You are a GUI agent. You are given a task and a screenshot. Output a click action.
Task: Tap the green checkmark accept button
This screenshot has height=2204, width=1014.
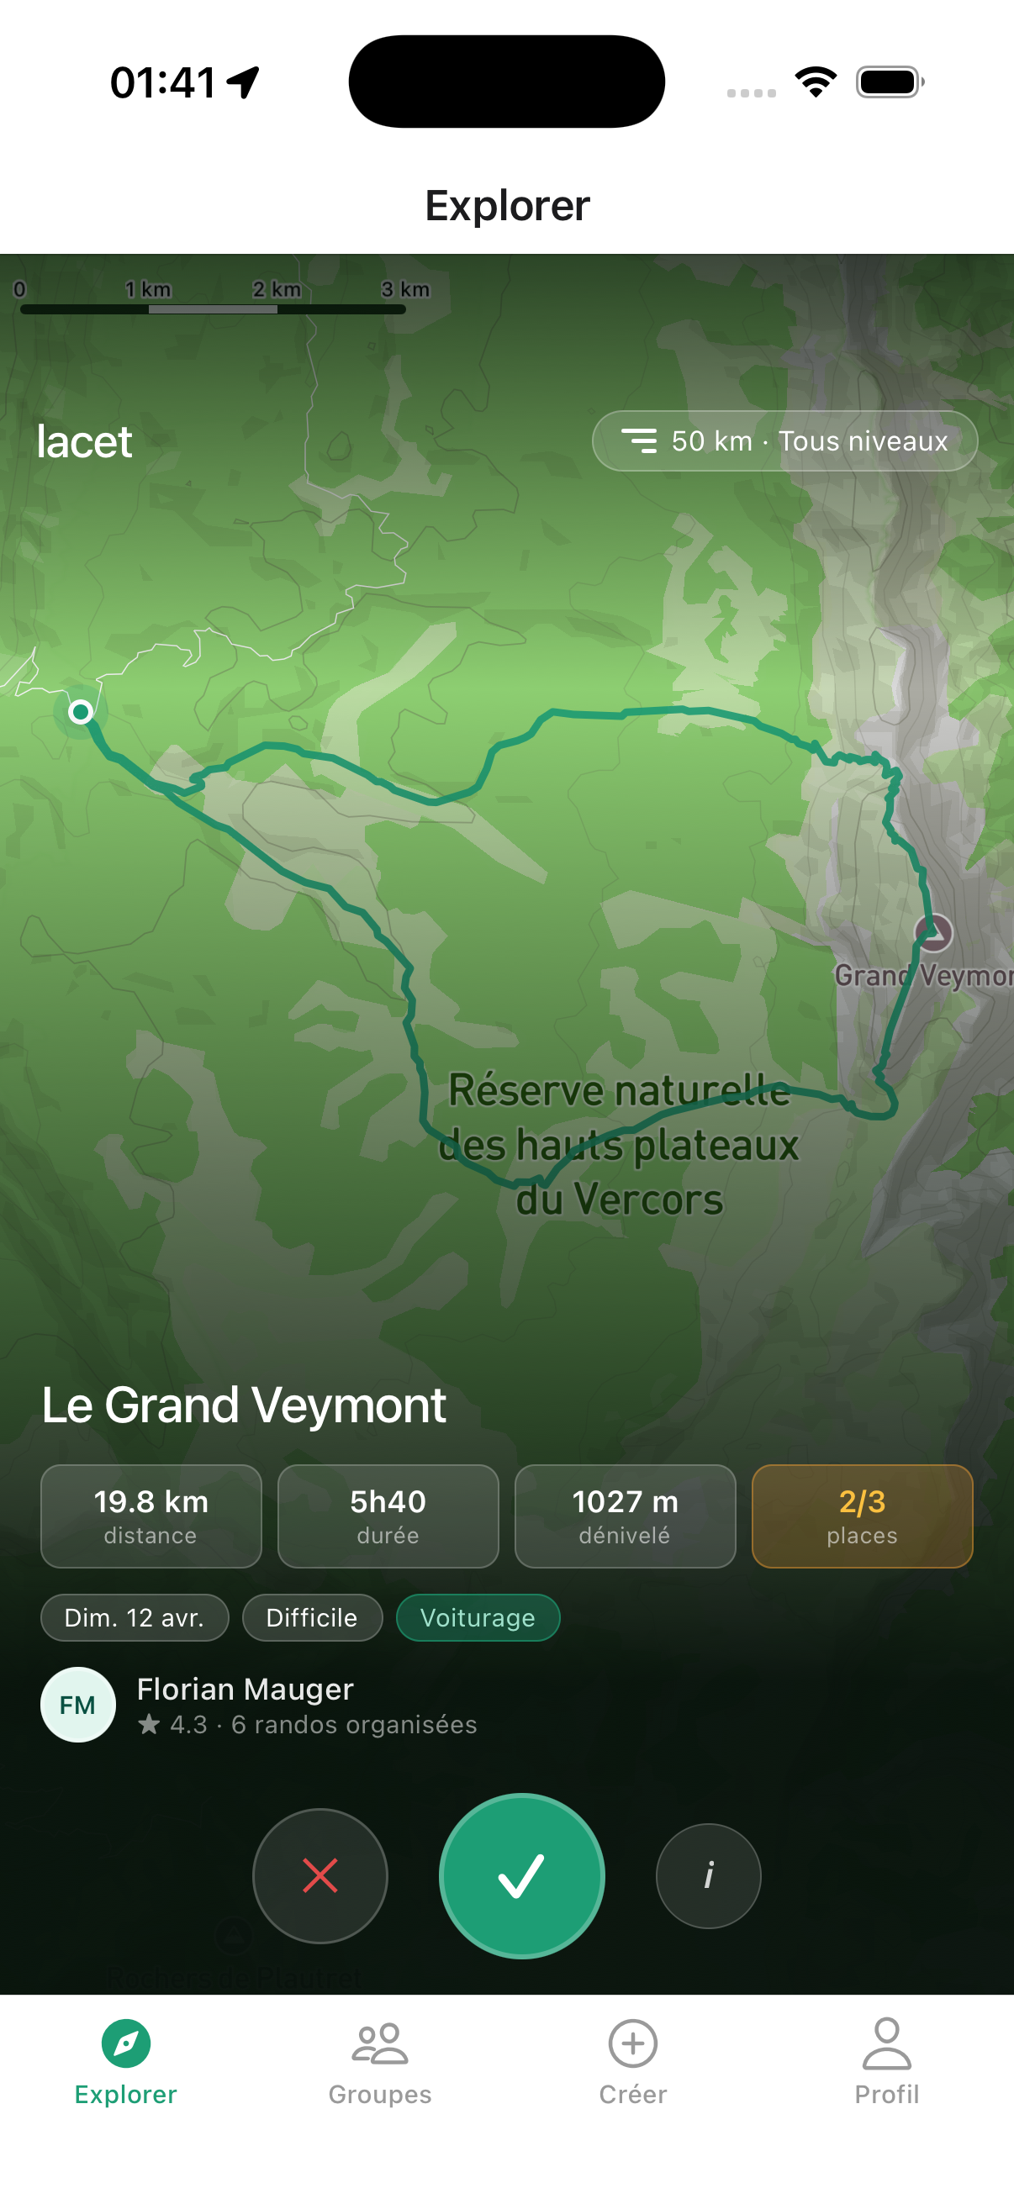[521, 1875]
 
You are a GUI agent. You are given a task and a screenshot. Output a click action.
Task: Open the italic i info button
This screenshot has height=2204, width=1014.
[708, 1875]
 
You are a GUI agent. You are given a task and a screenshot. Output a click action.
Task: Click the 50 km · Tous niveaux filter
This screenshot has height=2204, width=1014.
[784, 440]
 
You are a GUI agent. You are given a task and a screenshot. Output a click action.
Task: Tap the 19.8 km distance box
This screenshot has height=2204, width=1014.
[151, 1516]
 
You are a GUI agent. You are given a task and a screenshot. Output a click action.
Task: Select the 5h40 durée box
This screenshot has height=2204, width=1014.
[388, 1516]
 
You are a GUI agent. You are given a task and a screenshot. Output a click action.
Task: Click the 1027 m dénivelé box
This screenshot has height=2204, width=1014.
[625, 1516]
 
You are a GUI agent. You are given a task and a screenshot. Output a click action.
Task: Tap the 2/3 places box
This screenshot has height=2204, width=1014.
[862, 1516]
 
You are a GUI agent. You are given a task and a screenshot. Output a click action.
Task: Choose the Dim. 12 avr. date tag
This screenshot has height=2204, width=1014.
[135, 1617]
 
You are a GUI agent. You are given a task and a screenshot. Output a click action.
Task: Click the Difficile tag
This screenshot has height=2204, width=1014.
[311, 1617]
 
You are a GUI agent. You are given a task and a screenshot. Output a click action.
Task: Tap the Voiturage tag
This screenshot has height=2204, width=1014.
[478, 1617]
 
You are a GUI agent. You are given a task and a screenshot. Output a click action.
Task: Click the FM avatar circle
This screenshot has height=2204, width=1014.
[78, 1705]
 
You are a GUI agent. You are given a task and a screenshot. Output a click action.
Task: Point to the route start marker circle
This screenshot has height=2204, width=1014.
[82, 711]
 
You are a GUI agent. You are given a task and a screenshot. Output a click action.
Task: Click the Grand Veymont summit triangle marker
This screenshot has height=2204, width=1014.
[932, 931]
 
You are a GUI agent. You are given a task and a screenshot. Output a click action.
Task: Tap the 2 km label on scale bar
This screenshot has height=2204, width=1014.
[277, 289]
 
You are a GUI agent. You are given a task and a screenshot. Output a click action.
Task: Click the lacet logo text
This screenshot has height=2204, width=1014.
[85, 441]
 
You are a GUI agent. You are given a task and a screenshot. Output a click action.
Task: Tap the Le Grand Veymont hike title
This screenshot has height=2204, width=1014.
[244, 1405]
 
